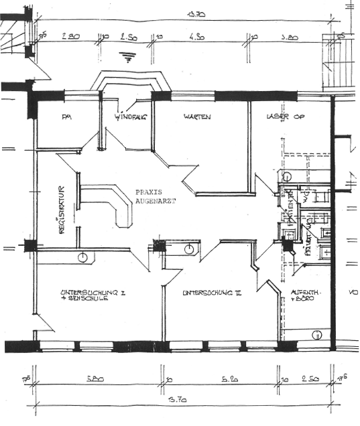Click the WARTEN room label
point(198,117)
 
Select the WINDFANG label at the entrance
point(130,117)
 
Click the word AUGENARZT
point(155,200)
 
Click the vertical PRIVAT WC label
point(309,239)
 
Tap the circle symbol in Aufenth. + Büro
point(317,334)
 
